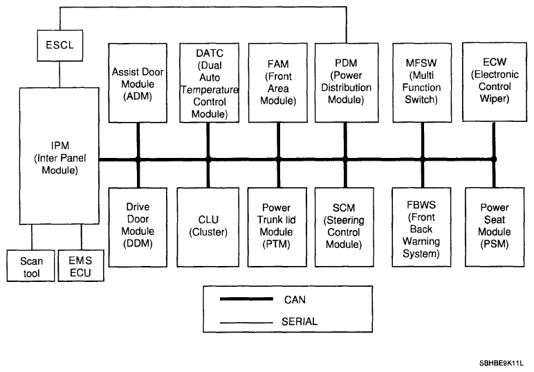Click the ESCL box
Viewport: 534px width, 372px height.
[60, 45]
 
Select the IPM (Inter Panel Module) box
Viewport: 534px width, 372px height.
[59, 156]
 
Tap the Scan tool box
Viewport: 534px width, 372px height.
[30, 265]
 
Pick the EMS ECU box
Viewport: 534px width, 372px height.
[81, 265]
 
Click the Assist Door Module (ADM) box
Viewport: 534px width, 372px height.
[138, 83]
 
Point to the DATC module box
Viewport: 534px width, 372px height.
[209, 83]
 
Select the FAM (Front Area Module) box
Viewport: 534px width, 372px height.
[278, 83]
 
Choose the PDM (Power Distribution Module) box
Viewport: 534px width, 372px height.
[347, 83]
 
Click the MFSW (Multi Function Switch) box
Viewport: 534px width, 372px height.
[422, 83]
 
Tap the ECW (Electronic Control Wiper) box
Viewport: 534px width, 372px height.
[495, 82]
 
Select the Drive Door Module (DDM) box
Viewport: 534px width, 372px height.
[138, 227]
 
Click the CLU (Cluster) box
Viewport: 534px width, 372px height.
[208, 227]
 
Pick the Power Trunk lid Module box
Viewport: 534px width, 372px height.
[277, 227]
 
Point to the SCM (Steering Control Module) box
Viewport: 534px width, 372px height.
[344, 227]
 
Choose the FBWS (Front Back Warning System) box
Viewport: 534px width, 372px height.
[421, 227]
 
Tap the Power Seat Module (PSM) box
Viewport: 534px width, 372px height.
[495, 227]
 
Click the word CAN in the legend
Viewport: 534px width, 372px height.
[295, 300]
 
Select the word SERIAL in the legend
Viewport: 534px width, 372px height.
[300, 321]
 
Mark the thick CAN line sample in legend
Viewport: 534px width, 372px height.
[246, 299]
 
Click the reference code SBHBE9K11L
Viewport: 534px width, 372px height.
[501, 363]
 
